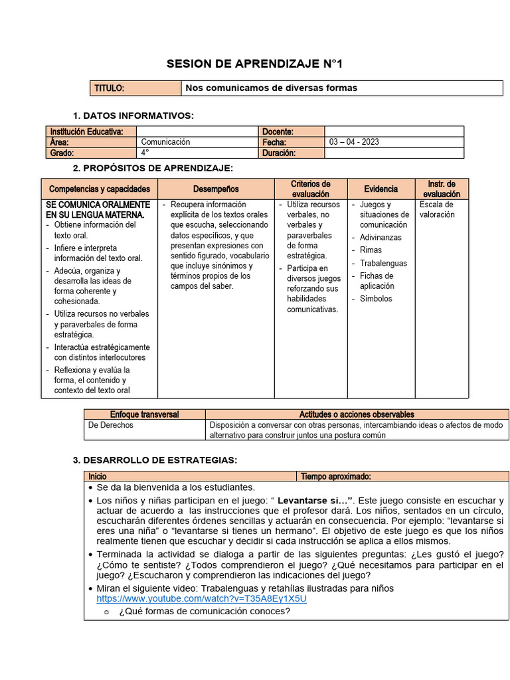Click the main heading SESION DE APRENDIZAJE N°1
click(255, 64)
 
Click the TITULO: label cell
click(110, 88)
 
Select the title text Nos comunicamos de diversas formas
click(271, 88)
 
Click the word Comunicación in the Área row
click(165, 142)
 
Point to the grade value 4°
click(145, 153)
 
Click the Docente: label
click(278, 131)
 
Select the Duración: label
click(280, 153)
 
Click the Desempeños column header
click(216, 189)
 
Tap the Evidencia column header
click(381, 189)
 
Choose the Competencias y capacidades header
click(100, 189)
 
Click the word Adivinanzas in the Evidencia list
click(381, 237)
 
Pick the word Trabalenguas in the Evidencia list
click(383, 263)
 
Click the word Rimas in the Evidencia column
click(371, 250)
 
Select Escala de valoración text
click(437, 210)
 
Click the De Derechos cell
click(111, 425)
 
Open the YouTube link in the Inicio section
click(201, 598)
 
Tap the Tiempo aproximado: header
click(335, 476)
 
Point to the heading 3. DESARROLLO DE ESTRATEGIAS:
click(155, 460)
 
